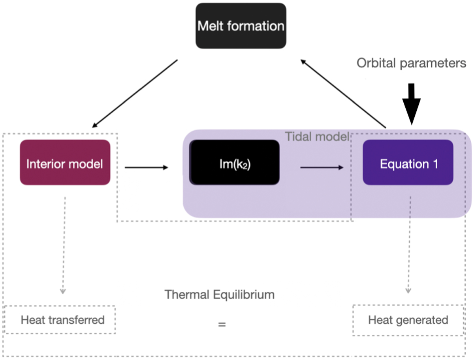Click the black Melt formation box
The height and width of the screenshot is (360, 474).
click(x=241, y=26)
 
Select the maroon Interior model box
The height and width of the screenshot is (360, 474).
click(x=65, y=162)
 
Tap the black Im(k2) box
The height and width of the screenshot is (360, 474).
click(x=235, y=162)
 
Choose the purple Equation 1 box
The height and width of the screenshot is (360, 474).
click(x=408, y=162)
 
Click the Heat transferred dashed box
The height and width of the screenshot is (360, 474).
click(x=60, y=320)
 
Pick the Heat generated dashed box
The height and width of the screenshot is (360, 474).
click(x=408, y=320)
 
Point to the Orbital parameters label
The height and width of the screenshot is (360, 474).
click(x=412, y=63)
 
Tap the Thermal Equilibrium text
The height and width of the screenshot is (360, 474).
click(x=220, y=294)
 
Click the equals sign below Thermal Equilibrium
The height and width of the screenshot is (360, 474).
click(x=222, y=325)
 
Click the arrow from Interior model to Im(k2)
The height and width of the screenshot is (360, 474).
click(x=146, y=168)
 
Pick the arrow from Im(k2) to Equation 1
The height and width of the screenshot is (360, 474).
click(x=322, y=168)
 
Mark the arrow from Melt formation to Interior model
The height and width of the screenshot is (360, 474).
click(x=134, y=94)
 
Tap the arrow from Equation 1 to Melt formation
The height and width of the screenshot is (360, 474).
click(x=343, y=94)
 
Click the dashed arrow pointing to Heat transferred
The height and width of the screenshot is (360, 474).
click(x=63, y=245)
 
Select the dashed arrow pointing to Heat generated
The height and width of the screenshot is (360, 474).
click(x=410, y=245)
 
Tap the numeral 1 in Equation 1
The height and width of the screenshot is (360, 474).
click(x=435, y=164)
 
